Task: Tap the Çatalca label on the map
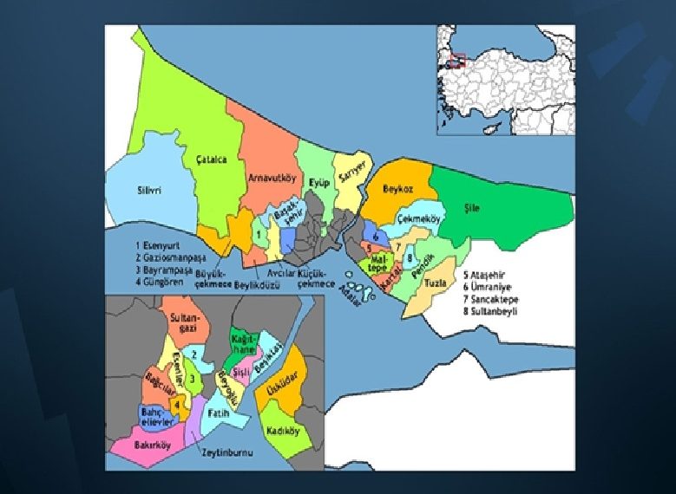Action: [x=211, y=159]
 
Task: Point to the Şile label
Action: [x=471, y=208]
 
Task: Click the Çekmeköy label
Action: [x=419, y=220]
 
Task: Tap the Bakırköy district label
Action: [x=153, y=445]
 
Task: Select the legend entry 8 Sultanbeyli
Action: [x=490, y=309]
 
